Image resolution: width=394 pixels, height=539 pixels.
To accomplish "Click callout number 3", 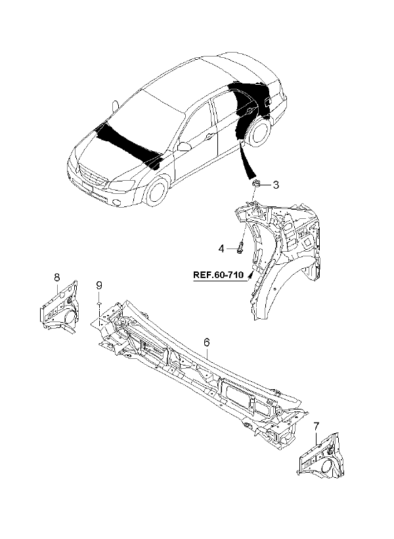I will pyautogui.click(x=276, y=185).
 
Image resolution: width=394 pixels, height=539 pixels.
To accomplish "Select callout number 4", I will pyautogui.click(x=222, y=248).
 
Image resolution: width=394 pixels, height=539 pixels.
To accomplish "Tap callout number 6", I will pyautogui.click(x=206, y=342).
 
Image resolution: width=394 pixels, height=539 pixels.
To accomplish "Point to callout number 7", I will pyautogui.click(x=316, y=427).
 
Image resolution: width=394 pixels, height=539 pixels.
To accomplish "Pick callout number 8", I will pyautogui.click(x=57, y=277).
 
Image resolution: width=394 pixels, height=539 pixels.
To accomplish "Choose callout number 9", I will pyautogui.click(x=99, y=285).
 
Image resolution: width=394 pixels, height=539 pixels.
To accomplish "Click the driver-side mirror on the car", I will pyautogui.click(x=185, y=146).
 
